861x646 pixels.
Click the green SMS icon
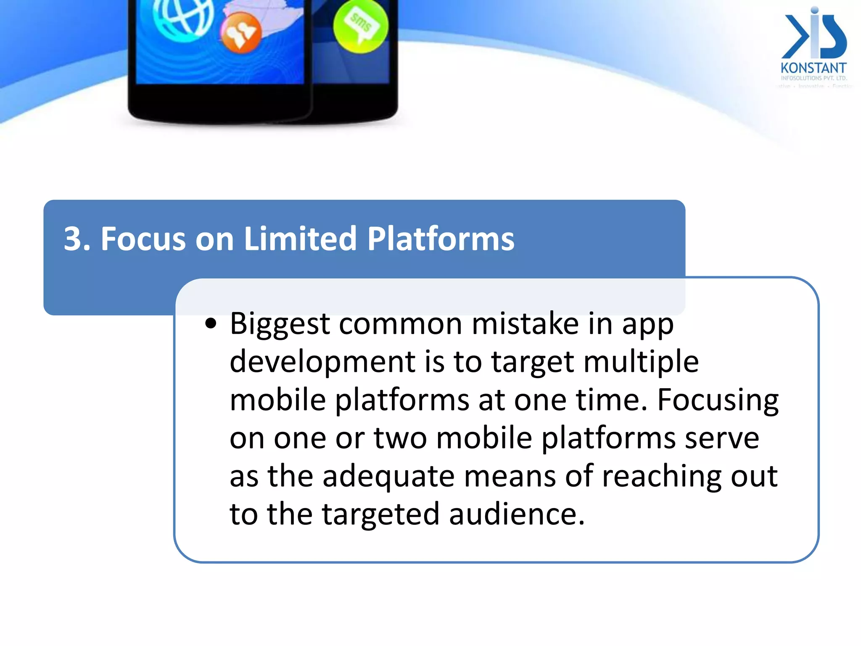click(360, 26)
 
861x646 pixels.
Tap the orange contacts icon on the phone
click(241, 33)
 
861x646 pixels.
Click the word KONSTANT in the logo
click(813, 68)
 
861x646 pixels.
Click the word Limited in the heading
click(300, 239)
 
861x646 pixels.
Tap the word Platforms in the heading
click(441, 239)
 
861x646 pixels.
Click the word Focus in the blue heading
click(143, 239)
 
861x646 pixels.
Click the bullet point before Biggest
click(211, 324)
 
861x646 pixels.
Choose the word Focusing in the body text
click(718, 400)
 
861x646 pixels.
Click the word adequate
click(388, 476)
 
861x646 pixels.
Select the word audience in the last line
click(517, 514)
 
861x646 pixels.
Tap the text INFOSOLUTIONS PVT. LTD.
click(813, 78)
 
